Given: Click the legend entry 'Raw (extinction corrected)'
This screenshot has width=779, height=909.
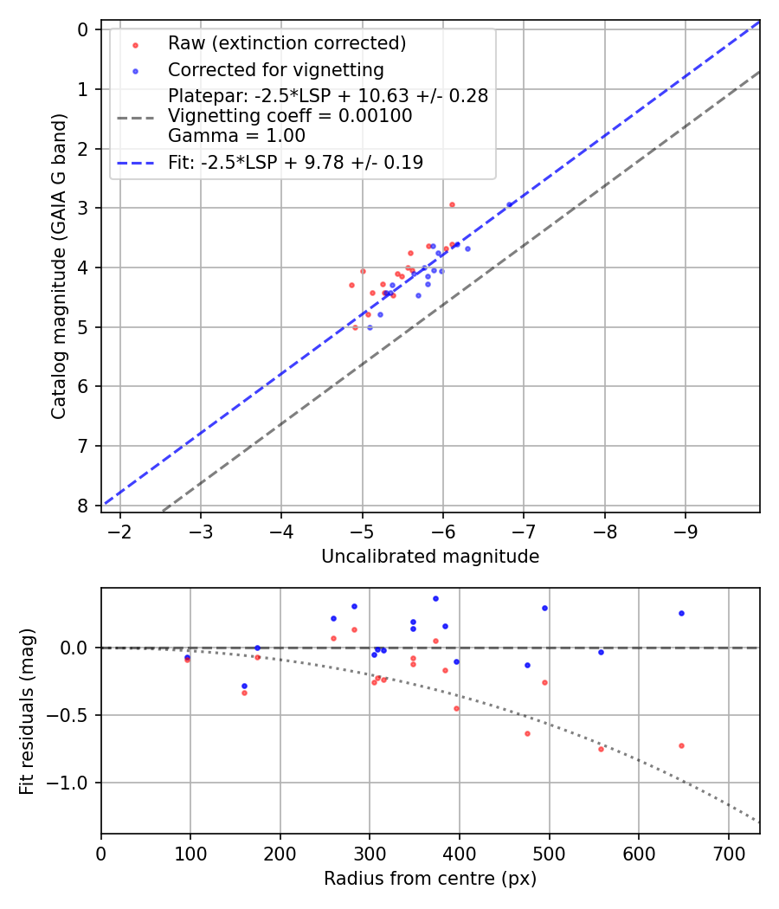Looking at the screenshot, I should [286, 43].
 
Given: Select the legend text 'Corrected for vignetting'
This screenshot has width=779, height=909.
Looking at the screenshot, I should [276, 69].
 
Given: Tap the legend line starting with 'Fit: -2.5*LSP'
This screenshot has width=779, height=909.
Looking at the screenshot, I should [295, 162].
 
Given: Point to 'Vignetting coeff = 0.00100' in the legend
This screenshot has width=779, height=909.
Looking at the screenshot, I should [290, 115].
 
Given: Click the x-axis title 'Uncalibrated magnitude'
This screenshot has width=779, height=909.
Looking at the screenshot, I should [430, 557].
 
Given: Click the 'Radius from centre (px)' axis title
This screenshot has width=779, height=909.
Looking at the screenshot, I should [430, 879].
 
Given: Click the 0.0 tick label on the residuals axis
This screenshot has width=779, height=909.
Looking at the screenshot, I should [76, 648].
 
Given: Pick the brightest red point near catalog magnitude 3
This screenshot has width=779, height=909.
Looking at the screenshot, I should [452, 204].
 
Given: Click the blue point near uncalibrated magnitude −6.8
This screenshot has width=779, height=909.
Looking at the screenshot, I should [509, 204].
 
